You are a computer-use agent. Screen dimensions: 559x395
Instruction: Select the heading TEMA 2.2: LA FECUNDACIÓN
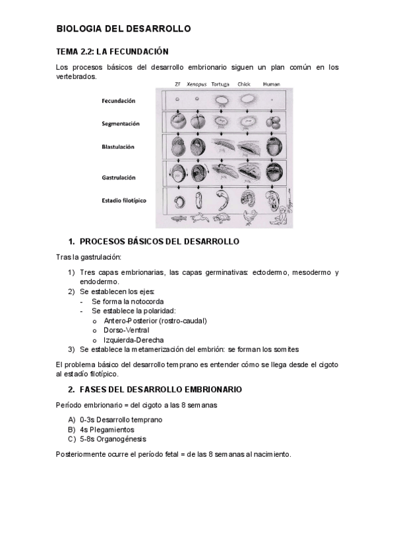(112, 51)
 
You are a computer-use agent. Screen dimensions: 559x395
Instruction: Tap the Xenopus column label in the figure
(197, 84)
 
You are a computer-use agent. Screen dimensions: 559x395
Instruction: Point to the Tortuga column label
(220, 84)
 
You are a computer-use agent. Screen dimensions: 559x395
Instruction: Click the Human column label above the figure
(271, 84)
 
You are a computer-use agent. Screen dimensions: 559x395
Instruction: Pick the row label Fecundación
(119, 101)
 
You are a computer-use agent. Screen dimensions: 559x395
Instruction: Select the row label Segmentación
(119, 123)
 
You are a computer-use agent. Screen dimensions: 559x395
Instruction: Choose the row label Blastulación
(119, 148)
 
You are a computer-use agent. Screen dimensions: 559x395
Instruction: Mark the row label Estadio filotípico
(124, 199)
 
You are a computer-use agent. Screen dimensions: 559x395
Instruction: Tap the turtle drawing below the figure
(222, 218)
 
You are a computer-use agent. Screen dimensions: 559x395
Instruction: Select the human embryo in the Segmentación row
(273, 123)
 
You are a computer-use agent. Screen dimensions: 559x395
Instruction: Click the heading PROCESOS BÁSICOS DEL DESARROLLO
(158, 242)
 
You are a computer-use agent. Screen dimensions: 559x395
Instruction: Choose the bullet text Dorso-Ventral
(127, 330)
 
